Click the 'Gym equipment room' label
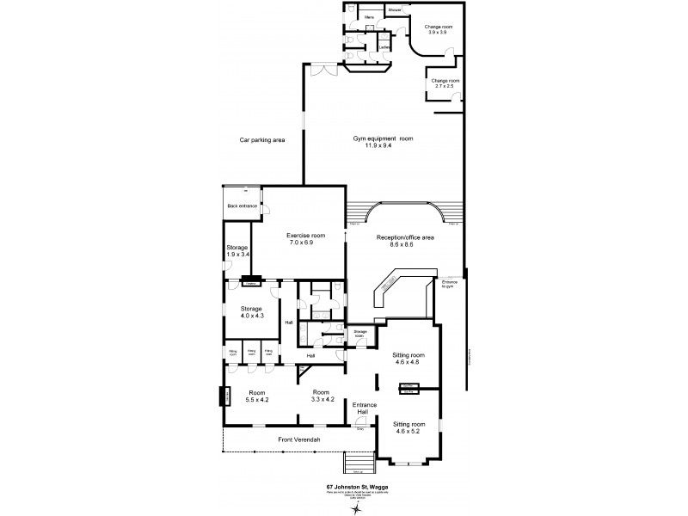pos(383,138)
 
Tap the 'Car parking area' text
pos(262,139)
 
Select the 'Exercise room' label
pos(305,235)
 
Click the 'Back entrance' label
pos(242,206)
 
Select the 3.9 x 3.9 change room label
pos(439,29)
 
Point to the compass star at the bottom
pos(354,507)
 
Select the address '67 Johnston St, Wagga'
pos(354,487)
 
